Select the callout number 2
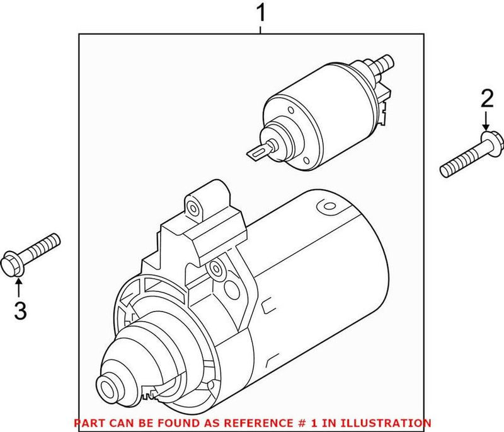tap(486, 99)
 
